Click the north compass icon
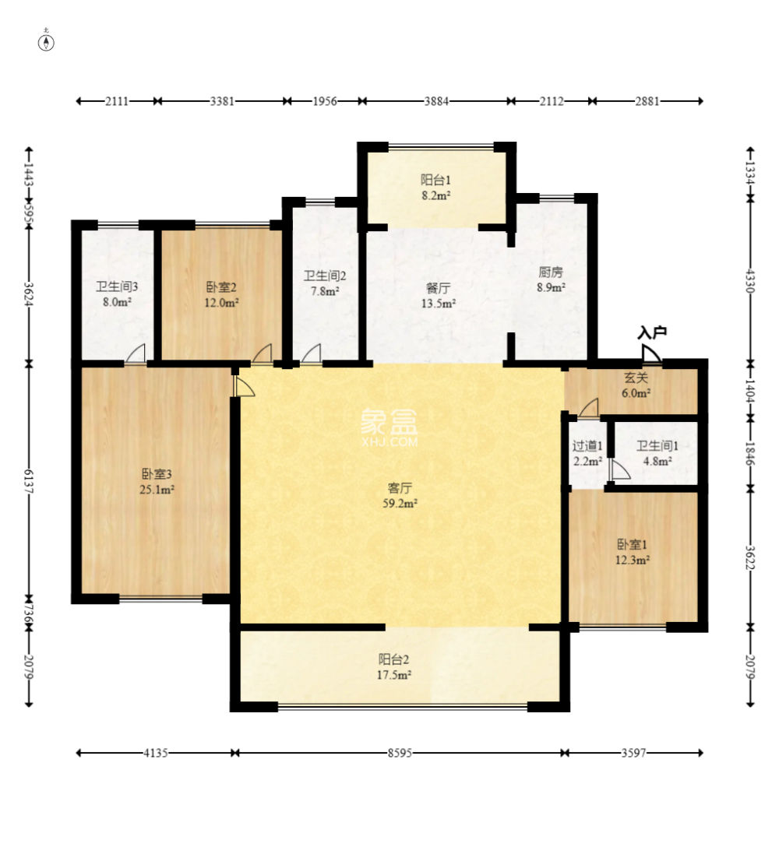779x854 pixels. point(46,41)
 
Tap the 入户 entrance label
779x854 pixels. point(652,332)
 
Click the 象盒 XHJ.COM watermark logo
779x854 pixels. point(389,427)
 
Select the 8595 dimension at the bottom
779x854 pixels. point(400,753)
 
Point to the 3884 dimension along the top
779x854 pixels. point(437,100)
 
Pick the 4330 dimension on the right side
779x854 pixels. point(751,280)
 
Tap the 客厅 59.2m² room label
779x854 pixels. point(400,496)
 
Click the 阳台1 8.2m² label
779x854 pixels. point(435,188)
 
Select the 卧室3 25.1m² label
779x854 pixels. point(157,481)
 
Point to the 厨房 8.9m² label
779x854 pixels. point(551,279)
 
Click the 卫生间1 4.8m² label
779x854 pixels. point(657,453)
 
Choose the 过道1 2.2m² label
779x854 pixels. point(587,453)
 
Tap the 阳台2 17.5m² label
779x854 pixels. point(393,667)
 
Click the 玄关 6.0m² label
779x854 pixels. point(636,385)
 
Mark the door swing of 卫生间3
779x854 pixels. point(136,353)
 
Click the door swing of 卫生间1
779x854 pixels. point(619,470)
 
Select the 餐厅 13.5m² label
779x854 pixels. point(439,295)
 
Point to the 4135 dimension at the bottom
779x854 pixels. point(155,753)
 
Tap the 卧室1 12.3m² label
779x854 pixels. point(633,552)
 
